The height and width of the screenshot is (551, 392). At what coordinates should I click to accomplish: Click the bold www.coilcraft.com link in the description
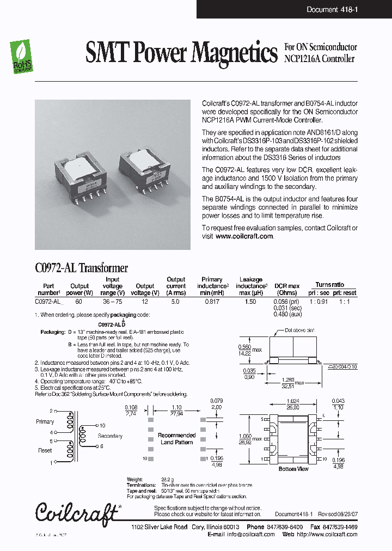click(244, 236)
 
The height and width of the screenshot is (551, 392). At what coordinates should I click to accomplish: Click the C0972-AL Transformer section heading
click(81, 267)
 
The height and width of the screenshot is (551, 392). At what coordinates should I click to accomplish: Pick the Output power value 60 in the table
click(79, 301)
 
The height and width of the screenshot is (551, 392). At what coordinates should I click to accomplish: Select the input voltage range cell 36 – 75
click(112, 301)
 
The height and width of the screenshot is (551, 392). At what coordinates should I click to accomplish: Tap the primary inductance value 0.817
click(212, 301)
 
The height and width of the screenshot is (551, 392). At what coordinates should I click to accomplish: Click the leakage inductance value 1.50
click(251, 301)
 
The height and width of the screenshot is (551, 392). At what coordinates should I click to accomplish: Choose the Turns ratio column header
click(329, 285)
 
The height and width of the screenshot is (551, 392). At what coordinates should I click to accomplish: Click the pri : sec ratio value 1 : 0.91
click(318, 301)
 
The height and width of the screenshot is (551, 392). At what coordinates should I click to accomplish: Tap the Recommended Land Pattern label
click(176, 439)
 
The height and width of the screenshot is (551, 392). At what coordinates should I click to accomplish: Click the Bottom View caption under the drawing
click(293, 469)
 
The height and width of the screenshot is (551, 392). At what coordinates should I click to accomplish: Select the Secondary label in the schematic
click(110, 436)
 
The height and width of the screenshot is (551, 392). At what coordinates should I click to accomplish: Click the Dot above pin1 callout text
click(299, 330)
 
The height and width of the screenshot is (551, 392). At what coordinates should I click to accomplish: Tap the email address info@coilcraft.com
click(251, 534)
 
